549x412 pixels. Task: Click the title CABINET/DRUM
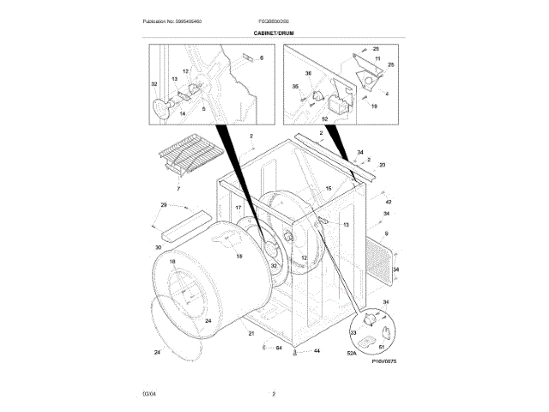[x=274, y=32]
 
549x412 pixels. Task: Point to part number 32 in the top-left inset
[x=154, y=84]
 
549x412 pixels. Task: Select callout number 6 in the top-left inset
[x=262, y=58]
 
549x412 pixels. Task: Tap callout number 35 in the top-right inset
[x=295, y=87]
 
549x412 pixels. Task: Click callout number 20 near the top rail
[x=382, y=165]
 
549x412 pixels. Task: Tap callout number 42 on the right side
[x=388, y=202]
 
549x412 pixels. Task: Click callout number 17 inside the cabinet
[x=238, y=209]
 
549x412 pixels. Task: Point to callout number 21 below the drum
[x=251, y=332]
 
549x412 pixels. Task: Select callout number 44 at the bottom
[x=317, y=351]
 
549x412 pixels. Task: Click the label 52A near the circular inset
[x=351, y=352]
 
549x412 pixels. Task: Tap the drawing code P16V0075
[x=383, y=362]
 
